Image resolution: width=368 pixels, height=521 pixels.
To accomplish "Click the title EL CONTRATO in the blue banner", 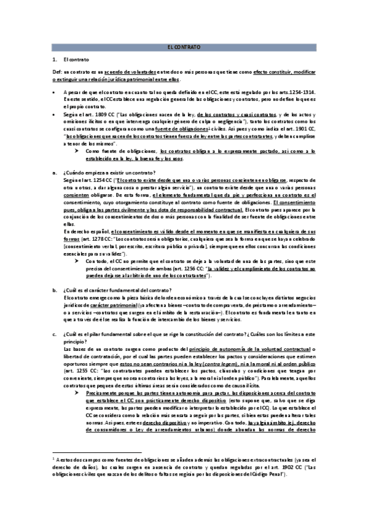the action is tap(184, 47).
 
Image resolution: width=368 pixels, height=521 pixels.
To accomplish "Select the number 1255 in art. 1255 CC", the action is tap(74, 373).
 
